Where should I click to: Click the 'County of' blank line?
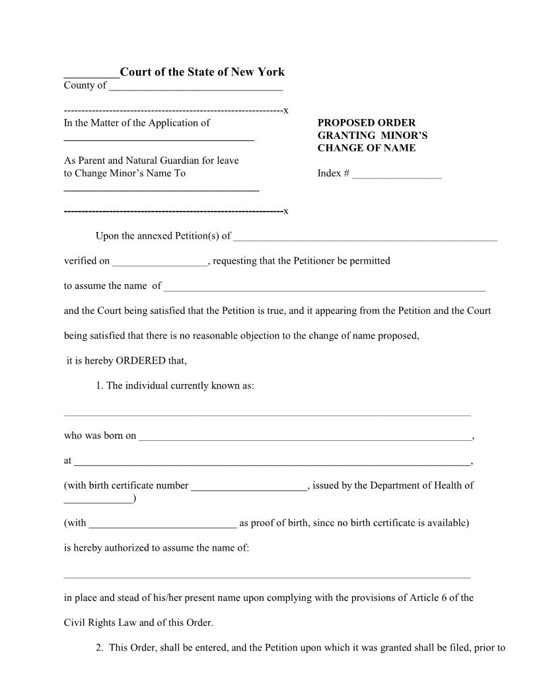coord(196,87)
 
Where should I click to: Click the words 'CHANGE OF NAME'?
coord(367,148)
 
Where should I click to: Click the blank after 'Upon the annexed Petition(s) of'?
coord(365,237)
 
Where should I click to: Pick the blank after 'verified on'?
coord(160,262)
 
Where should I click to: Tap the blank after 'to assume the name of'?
coord(324,288)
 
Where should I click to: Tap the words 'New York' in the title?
coord(262,72)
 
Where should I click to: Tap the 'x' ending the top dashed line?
coord(285,110)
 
